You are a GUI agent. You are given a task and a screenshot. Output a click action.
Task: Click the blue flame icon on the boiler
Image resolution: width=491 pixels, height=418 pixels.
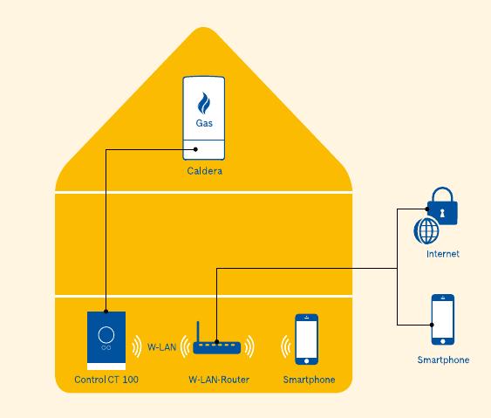click(204, 103)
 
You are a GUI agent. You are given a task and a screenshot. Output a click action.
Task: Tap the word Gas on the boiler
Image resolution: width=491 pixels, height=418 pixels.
click(204, 123)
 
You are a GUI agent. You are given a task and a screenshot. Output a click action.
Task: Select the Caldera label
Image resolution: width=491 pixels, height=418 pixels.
click(204, 171)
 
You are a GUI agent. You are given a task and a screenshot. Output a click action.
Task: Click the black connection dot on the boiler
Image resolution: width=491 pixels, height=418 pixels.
click(195, 149)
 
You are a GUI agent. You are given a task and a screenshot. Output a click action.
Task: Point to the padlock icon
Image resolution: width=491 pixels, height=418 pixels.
click(442, 206)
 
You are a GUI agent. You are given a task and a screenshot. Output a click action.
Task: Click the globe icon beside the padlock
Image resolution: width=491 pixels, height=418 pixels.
click(426, 231)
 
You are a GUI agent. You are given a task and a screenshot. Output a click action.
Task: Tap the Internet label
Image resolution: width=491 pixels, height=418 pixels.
click(443, 254)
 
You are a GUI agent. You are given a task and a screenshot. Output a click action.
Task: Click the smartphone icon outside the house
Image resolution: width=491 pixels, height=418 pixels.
click(443, 319)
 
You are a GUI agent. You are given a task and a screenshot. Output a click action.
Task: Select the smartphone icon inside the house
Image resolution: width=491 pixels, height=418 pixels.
click(307, 339)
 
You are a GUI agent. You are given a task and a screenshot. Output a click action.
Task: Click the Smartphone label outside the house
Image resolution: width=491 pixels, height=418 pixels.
click(443, 360)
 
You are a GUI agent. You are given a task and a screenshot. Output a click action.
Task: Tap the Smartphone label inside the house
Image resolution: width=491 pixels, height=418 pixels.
click(309, 380)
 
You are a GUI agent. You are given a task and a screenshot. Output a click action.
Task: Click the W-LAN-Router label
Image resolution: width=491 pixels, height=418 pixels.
click(219, 380)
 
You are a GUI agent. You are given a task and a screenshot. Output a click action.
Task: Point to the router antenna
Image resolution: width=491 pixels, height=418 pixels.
click(198, 332)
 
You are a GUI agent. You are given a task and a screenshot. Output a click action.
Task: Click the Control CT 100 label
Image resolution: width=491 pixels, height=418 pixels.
click(106, 380)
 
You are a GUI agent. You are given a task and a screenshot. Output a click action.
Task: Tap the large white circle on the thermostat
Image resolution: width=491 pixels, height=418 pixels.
click(106, 334)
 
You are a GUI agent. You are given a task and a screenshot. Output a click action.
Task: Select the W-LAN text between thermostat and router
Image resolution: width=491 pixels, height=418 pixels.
click(162, 347)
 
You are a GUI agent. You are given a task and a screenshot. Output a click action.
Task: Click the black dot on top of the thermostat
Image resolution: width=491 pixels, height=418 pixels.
click(106, 312)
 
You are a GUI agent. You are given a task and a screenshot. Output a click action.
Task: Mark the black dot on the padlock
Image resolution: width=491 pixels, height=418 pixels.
click(427, 209)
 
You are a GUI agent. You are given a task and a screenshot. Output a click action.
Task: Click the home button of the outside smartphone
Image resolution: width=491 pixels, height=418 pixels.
click(443, 341)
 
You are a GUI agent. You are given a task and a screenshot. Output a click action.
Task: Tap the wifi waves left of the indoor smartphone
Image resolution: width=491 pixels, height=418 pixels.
click(285, 347)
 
